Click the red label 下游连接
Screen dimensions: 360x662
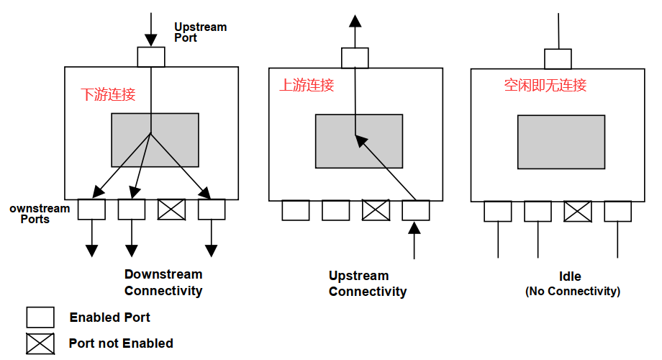tap(108, 94)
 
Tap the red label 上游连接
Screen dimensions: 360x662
tap(307, 85)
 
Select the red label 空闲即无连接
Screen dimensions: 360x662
tap(545, 85)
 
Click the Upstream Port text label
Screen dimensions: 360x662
tap(200, 32)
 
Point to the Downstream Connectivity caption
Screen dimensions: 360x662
tap(163, 282)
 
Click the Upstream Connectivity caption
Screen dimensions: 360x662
tap(368, 284)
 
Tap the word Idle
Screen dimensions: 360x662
tap(570, 276)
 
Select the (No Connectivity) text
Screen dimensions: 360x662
tap(573, 292)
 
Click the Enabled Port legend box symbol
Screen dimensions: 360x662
tap(40, 318)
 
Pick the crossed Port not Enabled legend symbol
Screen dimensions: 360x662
tap(40, 344)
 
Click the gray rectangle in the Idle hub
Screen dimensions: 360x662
tap(561, 142)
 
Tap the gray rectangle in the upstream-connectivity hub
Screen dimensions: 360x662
tap(359, 141)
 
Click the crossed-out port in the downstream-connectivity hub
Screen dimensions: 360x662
tap(172, 210)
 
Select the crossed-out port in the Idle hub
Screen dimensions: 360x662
tap(578, 211)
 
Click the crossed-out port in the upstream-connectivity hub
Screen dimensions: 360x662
tap(376, 210)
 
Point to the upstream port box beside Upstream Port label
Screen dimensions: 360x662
tap(151, 57)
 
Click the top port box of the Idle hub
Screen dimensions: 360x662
tap(558, 59)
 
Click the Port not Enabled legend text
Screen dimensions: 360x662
tap(121, 343)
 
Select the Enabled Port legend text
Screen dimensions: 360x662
tap(110, 318)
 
